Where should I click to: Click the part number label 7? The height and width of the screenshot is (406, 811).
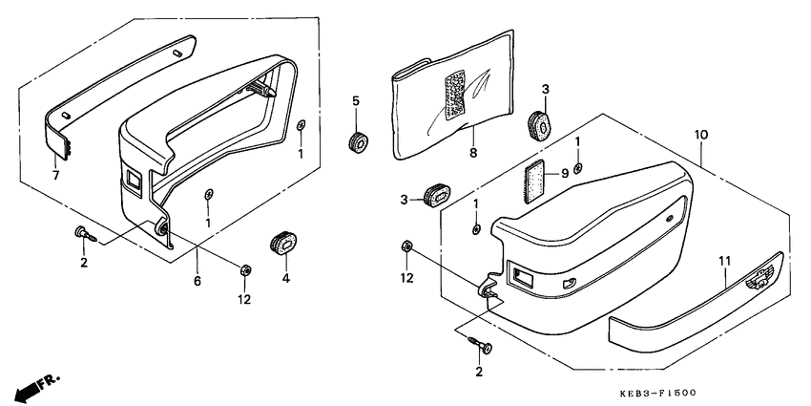(55, 176)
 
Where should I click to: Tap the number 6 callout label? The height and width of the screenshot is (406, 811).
(198, 281)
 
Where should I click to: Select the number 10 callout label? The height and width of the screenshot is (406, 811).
(701, 135)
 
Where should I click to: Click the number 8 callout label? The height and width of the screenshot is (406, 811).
(473, 153)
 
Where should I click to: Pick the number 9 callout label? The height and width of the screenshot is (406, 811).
(564, 174)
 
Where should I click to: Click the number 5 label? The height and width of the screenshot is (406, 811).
(355, 100)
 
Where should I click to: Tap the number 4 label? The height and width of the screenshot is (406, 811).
(285, 279)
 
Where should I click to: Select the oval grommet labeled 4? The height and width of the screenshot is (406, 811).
(283, 244)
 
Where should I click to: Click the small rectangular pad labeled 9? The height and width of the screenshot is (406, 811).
(535, 182)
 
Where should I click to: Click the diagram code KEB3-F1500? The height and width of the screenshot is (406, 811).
(658, 395)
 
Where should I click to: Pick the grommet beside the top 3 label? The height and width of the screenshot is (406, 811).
(540, 124)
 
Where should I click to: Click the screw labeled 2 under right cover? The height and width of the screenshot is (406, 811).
(481, 346)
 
